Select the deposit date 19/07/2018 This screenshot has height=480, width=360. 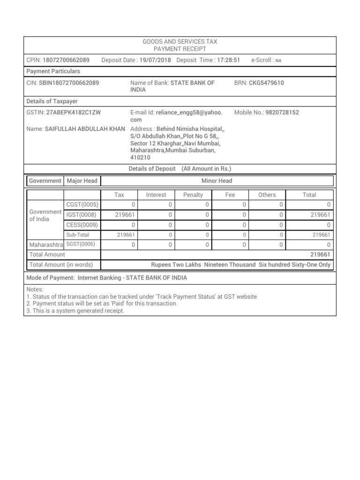(156, 60)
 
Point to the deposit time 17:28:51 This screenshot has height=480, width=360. (229, 60)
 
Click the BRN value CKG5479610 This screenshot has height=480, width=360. (266, 83)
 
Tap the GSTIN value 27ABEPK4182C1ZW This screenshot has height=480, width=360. (74, 112)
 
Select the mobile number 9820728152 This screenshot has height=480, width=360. (282, 112)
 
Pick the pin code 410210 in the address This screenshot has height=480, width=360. (141, 158)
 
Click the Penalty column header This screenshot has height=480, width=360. (193, 195)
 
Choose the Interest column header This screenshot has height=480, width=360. (156, 195)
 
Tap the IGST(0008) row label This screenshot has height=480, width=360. (81, 215)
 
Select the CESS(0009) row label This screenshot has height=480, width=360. (82, 225)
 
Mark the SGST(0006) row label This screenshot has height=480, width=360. (81, 245)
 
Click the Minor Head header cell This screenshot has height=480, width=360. (217, 181)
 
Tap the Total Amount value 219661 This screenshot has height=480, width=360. (320, 255)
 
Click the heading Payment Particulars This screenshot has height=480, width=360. (53, 71)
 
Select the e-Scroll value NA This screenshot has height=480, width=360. (278, 61)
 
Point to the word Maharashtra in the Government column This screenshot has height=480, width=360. (45, 245)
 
